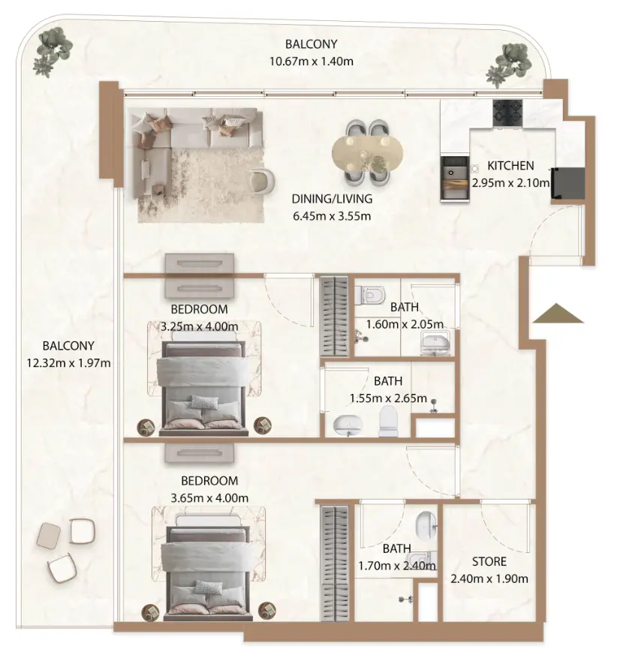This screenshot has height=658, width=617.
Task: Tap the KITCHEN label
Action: tap(510, 166)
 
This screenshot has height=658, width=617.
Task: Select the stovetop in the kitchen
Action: tap(507, 113)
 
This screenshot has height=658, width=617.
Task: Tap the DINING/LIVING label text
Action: tap(332, 200)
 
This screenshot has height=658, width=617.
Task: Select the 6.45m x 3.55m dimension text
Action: tap(332, 216)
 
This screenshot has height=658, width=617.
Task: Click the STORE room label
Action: tap(489, 561)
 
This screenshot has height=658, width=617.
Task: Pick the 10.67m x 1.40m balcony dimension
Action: tap(311, 61)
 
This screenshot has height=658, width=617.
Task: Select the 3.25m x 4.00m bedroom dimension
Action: tap(199, 326)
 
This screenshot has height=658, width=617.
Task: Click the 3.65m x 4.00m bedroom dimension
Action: tap(209, 497)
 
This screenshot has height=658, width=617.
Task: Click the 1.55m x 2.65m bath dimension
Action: tap(388, 398)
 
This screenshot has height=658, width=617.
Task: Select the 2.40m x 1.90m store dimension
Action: tap(489, 578)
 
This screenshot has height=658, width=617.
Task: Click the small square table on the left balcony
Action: tap(49, 534)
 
